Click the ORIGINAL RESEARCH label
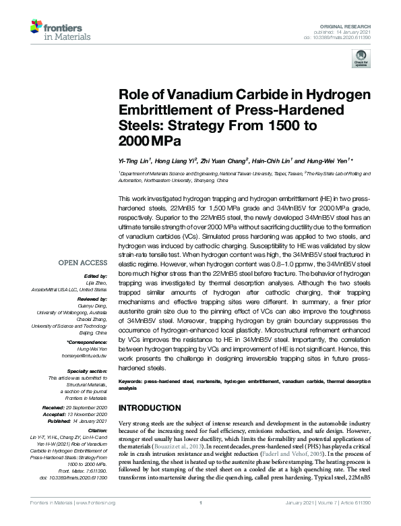(346, 24)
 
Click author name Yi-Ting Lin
(134, 161)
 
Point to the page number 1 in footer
(201, 521)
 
